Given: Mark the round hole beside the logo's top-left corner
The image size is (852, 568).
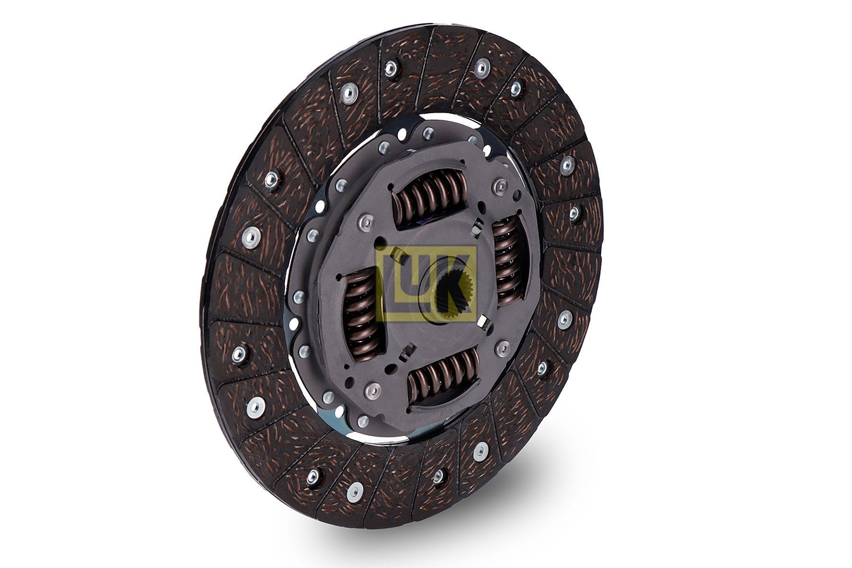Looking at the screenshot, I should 380,246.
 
